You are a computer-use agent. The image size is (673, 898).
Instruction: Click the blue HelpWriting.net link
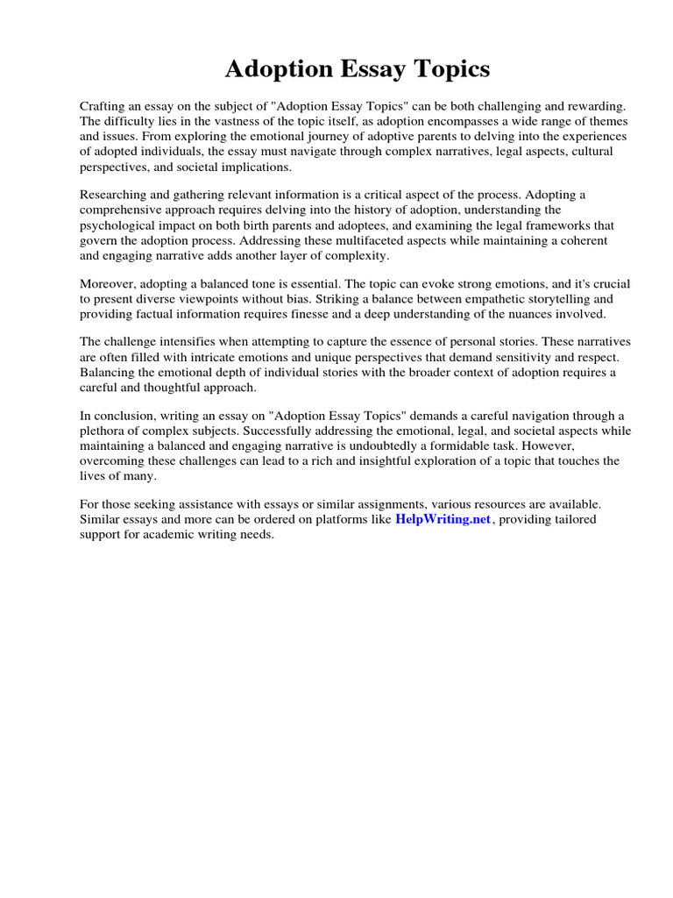[443, 519]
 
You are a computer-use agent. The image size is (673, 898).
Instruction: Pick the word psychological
[118, 224]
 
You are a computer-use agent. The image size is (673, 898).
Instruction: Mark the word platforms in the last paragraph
[341, 519]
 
